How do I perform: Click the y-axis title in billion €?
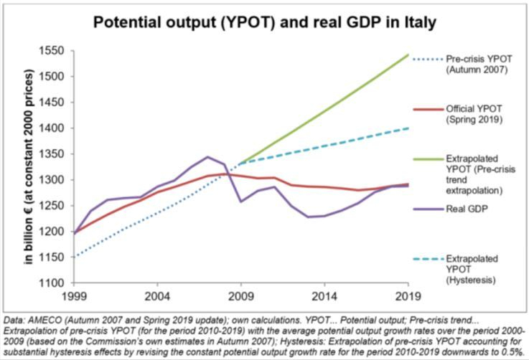coord(30,167)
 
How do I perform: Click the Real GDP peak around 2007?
coord(207,156)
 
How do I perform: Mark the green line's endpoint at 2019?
coord(408,55)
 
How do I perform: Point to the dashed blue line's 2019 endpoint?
coord(408,128)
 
